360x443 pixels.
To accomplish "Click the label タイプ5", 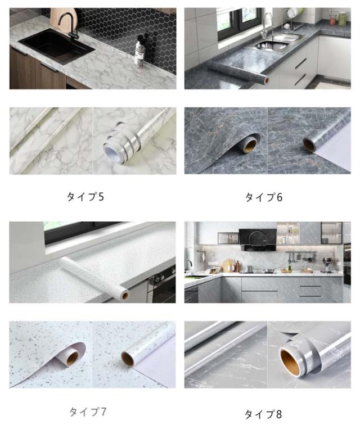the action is coord(85,197).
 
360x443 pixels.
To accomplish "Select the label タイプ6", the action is coord(264,197).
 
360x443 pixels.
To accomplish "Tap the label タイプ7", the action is coord(88,412).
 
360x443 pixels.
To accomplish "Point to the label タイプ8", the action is coord(263,414).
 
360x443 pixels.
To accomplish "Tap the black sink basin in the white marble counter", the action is coord(56,46).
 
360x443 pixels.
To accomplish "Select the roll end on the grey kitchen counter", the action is coord(266,80).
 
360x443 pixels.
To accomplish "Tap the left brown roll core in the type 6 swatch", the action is coord(250,145).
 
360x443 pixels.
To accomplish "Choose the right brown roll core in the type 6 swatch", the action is coord(309,144).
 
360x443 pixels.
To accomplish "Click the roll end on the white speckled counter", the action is coord(125,295).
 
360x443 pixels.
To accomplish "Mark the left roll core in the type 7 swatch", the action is coord(73,358).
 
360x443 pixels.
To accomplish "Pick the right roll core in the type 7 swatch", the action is coord(128,358).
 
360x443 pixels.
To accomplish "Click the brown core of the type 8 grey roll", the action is coord(292,362).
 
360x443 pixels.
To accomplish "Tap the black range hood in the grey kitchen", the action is coord(258,239).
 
